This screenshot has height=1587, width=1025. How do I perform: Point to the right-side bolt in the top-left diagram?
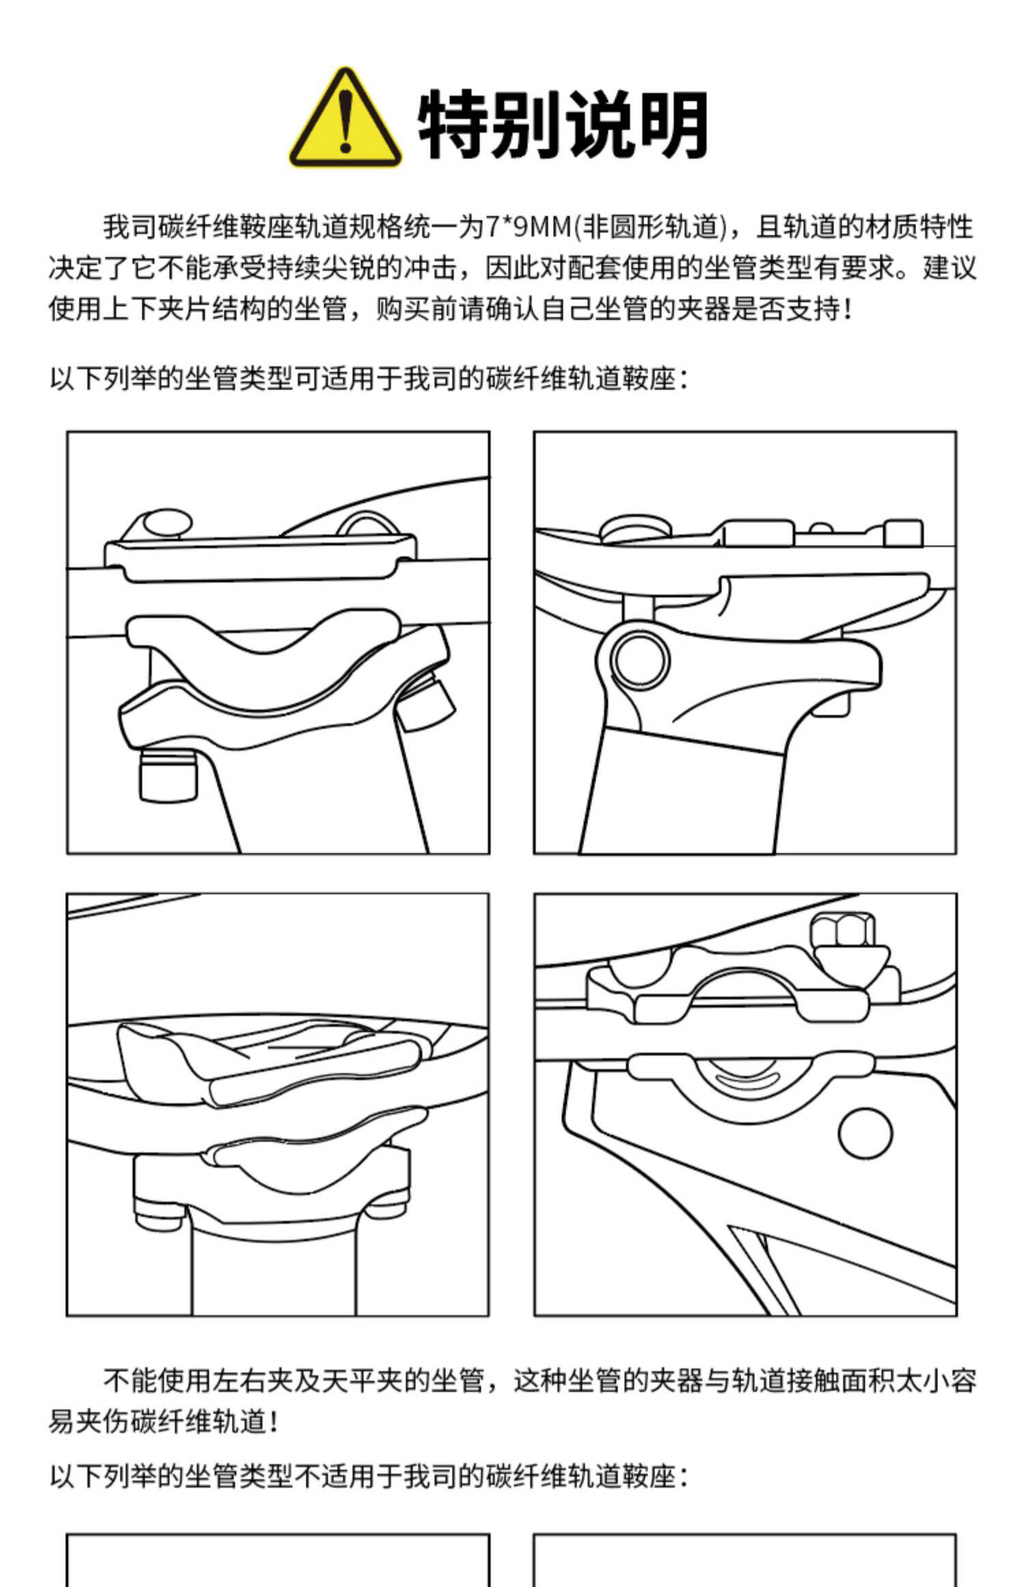(x=426, y=707)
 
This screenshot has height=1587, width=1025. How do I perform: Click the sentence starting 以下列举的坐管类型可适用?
(x=369, y=378)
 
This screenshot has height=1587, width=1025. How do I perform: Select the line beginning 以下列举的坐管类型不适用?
(x=369, y=1477)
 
